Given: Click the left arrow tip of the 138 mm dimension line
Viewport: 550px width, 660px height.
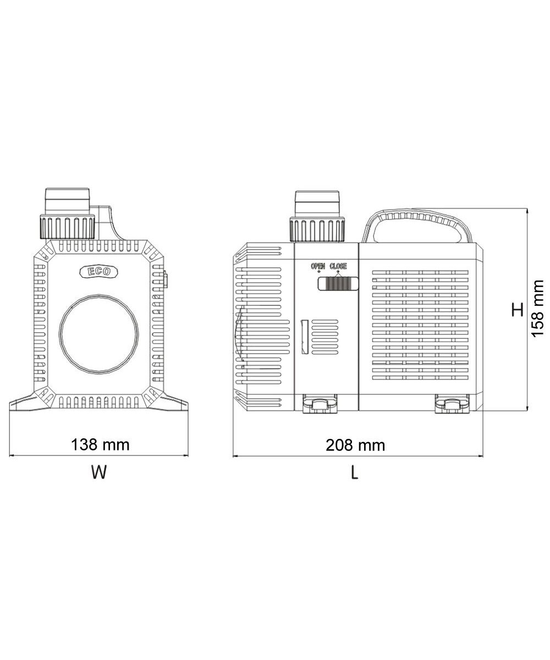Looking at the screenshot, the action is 9,455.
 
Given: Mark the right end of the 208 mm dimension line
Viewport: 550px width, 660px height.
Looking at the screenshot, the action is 483,456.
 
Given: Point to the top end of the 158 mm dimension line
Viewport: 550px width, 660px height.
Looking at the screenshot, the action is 527,208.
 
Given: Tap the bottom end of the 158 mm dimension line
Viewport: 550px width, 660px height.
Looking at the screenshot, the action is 527,411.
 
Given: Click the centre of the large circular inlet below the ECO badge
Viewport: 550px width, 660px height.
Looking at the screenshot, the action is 98,333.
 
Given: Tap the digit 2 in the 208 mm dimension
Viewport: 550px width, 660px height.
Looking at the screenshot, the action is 331,446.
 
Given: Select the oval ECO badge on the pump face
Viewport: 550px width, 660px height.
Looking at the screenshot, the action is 98,272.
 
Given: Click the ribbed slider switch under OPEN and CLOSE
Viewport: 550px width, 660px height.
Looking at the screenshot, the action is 338,283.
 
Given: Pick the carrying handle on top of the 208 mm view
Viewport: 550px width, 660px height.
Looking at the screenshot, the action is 418,226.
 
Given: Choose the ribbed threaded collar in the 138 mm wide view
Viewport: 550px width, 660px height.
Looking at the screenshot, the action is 67,226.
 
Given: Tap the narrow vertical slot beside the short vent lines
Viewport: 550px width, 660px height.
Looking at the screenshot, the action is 305,336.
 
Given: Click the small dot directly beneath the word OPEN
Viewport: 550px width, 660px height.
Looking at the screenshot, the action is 318,271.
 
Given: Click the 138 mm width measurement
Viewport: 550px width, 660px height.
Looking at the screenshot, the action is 100,445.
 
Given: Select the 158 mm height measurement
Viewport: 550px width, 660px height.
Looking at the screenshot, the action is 537,309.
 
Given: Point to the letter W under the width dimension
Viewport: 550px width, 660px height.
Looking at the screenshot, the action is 99,472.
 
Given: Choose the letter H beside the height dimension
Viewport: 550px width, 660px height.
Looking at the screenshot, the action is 518,310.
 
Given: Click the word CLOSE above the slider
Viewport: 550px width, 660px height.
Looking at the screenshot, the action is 338,266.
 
